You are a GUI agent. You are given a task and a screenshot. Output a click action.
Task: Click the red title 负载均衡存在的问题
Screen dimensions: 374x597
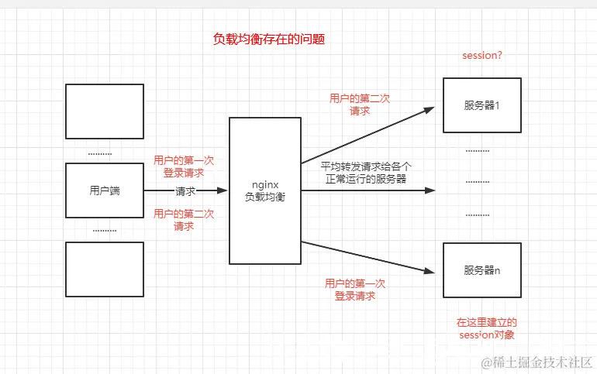[x=268, y=39]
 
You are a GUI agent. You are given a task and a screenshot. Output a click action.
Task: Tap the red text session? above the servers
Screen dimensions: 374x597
[x=481, y=56]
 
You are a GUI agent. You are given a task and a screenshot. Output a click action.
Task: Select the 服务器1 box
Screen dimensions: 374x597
[x=481, y=105]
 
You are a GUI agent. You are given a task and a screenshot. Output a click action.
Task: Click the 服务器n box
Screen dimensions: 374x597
[x=481, y=269]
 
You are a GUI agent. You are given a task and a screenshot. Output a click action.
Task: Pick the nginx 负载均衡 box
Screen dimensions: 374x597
[x=264, y=190]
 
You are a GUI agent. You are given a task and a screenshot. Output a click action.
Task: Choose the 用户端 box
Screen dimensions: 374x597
[x=105, y=190]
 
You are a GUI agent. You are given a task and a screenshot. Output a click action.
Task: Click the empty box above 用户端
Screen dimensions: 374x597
[x=105, y=111]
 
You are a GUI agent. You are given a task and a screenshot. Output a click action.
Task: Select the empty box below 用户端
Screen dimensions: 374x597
[x=105, y=269]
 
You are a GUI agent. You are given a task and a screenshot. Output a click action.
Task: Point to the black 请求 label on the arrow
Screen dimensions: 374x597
[x=185, y=191]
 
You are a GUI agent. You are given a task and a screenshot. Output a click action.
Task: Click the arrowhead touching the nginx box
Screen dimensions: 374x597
[x=224, y=190]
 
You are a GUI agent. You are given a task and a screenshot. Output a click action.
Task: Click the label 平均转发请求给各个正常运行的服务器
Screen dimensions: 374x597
[x=366, y=172]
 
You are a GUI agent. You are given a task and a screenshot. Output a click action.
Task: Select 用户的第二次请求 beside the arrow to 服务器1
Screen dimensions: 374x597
[x=359, y=105]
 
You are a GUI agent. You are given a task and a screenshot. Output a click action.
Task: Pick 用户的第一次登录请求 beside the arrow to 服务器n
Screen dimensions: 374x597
[x=355, y=289]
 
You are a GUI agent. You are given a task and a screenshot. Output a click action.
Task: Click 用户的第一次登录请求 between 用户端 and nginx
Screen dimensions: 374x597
[x=184, y=166]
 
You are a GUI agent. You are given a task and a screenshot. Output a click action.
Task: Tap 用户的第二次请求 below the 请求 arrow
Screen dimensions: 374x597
[x=184, y=220]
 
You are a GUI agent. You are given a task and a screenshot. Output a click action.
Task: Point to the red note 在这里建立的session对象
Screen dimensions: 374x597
[x=486, y=328]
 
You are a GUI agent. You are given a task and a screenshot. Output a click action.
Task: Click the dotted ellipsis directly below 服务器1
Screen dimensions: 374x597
[x=478, y=150]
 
